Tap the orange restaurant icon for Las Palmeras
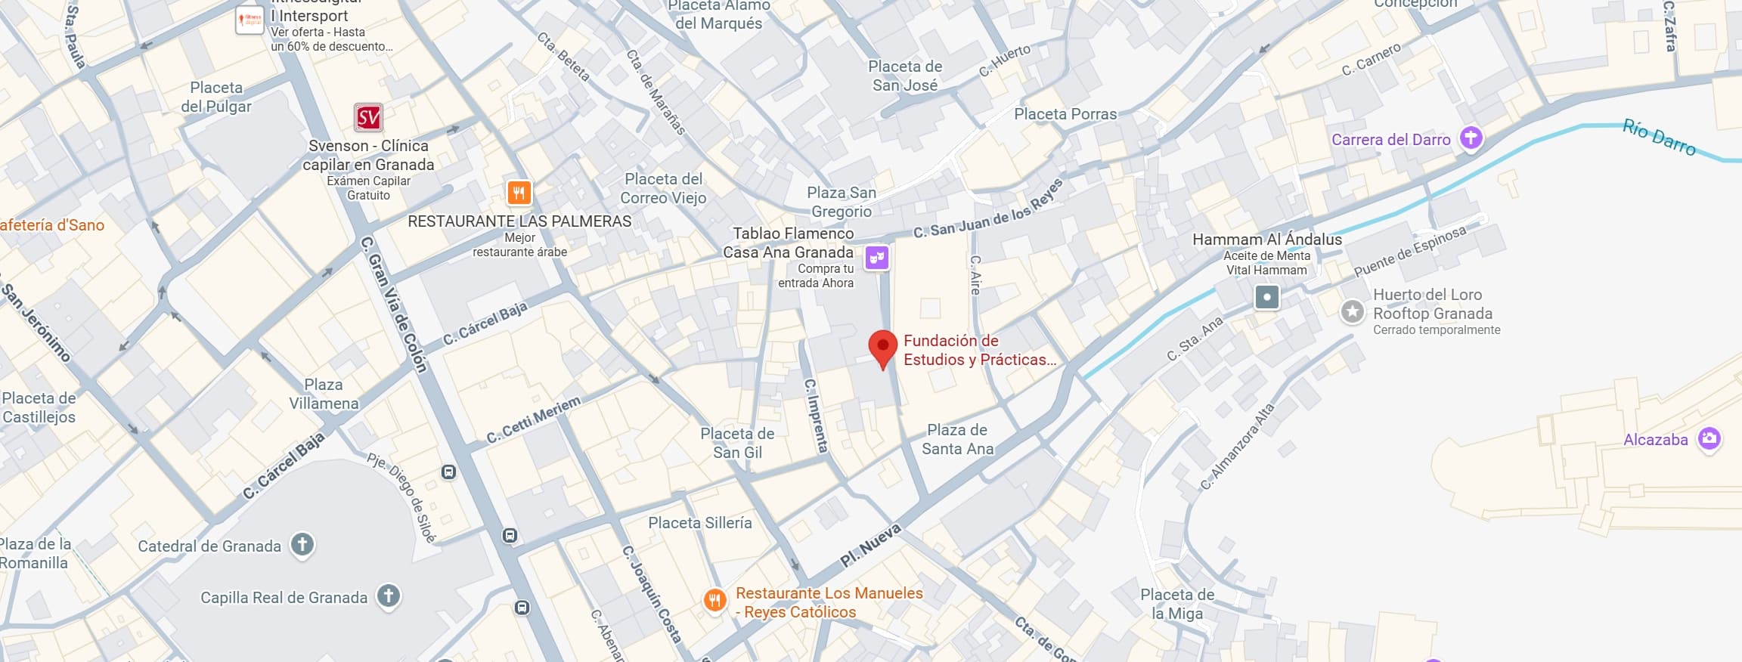[x=519, y=193]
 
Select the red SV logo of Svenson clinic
[x=368, y=118]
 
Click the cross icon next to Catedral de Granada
[x=302, y=544]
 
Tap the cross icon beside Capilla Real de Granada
[x=389, y=595]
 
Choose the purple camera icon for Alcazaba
[x=1709, y=438]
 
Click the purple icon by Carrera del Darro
[x=1471, y=138]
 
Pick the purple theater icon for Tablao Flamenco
[x=876, y=258]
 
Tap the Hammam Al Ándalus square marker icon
[x=1266, y=297]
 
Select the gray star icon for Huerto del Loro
[x=1352, y=311]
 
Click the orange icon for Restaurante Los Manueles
[x=714, y=601]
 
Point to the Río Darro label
[x=1659, y=137]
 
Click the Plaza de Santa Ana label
[x=957, y=439]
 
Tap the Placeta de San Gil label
[x=737, y=443]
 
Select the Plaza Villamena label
[x=324, y=394]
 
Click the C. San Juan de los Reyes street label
[x=987, y=209]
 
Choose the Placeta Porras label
[x=1065, y=114]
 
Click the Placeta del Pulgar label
[x=216, y=97]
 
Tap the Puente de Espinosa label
[x=1409, y=251]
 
